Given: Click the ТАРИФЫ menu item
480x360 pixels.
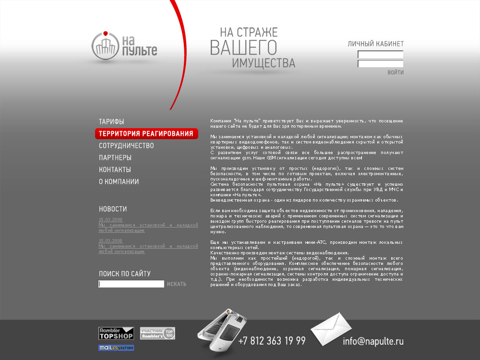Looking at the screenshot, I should click(x=111, y=122).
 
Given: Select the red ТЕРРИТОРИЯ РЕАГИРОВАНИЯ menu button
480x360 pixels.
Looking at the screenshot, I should click(x=146, y=133).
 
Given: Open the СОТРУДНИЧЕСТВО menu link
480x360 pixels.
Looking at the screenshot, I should click(x=126, y=146).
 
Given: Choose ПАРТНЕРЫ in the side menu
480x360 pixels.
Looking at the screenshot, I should click(x=115, y=158).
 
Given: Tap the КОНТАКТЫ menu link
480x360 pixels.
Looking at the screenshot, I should click(x=115, y=170).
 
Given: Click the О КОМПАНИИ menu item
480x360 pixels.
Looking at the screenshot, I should click(x=119, y=182).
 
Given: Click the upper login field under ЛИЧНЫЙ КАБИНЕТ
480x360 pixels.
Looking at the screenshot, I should click(x=380, y=55).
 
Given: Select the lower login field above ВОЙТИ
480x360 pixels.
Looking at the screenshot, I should click(x=380, y=64).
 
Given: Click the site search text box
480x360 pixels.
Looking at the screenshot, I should click(x=131, y=284).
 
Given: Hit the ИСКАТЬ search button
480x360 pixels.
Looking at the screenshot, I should click(x=177, y=284).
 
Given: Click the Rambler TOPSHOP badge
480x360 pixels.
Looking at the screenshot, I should click(x=116, y=333).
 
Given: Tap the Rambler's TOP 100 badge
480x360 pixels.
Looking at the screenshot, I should click(x=157, y=333).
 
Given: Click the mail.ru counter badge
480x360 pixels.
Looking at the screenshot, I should click(x=116, y=348).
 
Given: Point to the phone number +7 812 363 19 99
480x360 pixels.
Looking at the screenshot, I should click(x=272, y=341).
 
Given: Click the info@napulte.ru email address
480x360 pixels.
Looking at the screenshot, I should click(x=373, y=342).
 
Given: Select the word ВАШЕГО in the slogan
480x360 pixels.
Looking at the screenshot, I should click(x=243, y=48).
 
